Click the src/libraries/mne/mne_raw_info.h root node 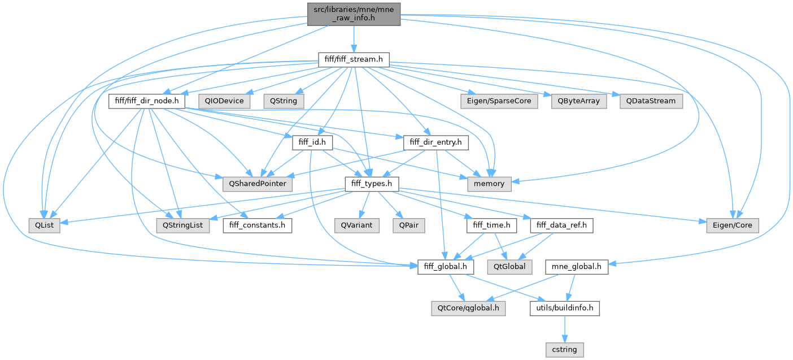[354, 14]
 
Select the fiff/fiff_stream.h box [354, 59]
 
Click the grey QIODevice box [224, 101]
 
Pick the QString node [284, 101]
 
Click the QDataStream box [651, 101]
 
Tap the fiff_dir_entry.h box [435, 142]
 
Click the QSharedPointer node [258, 184]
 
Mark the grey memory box [490, 184]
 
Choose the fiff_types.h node [372, 184]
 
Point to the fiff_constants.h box [258, 225]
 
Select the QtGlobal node [509, 266]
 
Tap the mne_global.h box [577, 266]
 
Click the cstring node [564, 349]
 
